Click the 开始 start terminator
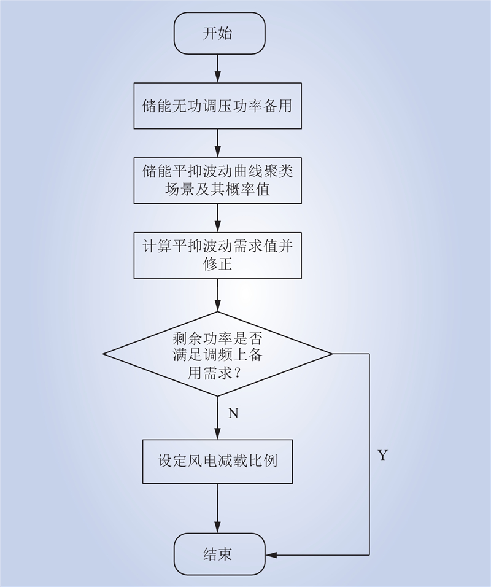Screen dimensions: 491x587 click(219, 33)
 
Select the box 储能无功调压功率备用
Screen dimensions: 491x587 click(218, 106)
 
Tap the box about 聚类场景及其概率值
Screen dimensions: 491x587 click(218, 181)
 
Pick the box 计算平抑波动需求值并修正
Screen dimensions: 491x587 click(218, 255)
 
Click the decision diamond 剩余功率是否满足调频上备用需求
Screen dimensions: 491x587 click(218, 354)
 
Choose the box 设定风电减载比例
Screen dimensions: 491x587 click(217, 461)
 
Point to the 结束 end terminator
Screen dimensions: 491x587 click(219, 554)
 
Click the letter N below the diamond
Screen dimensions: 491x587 click(233, 413)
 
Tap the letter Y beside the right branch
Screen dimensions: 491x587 click(382, 455)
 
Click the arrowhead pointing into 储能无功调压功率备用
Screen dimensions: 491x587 click(218, 77)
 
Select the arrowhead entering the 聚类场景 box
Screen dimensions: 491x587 click(218, 152)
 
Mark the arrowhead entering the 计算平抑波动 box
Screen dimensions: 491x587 click(218, 227)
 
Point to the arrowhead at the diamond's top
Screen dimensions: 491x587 click(218, 306)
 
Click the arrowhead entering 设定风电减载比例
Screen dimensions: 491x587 click(218, 434)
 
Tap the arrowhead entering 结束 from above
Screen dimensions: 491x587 click(218, 528)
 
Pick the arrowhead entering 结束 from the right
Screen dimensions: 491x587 click(271, 555)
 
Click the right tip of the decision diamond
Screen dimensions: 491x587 click(332, 354)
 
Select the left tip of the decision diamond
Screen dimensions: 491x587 click(103, 354)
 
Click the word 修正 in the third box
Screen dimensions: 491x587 click(218, 264)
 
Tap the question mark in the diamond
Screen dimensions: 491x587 click(237, 373)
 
